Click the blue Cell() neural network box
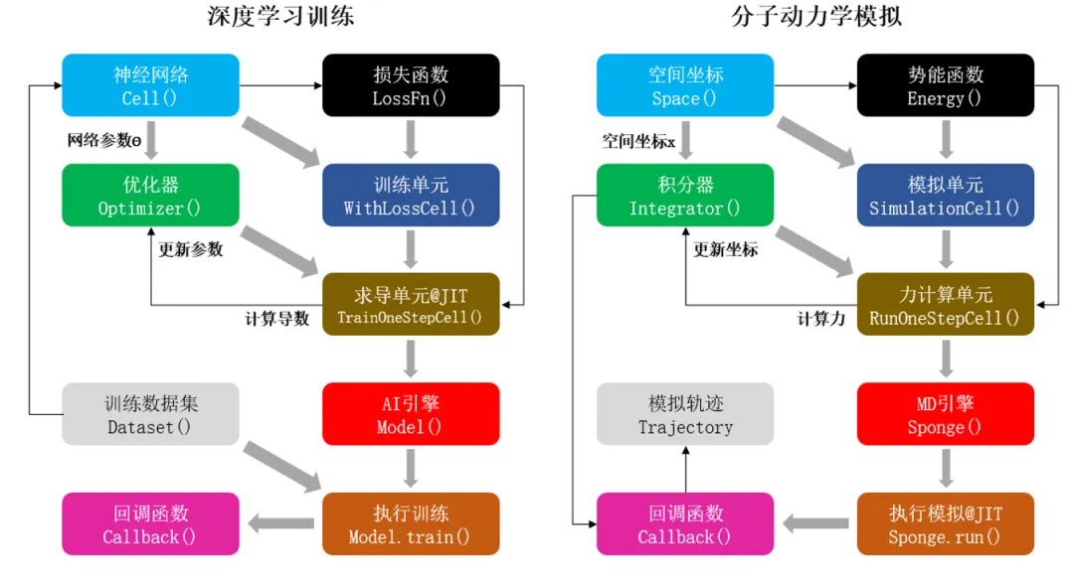pyautogui.click(x=150, y=85)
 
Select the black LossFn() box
pyautogui.click(x=411, y=85)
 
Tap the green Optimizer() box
pyautogui.click(x=150, y=196)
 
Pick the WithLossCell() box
pyautogui.click(x=411, y=196)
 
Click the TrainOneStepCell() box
pyautogui.click(x=411, y=305)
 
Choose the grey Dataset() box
pyautogui.click(x=150, y=414)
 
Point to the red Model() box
pyautogui.click(x=411, y=414)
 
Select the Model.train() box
pyautogui.click(x=411, y=524)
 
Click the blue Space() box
pyautogui.click(x=685, y=85)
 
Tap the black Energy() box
pyautogui.click(x=945, y=85)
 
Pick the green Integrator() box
pyautogui.click(x=685, y=196)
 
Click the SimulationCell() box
pyautogui.click(x=945, y=196)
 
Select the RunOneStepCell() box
pyautogui.click(x=945, y=305)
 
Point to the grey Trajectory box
pyautogui.click(x=685, y=414)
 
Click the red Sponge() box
pyautogui.click(x=945, y=414)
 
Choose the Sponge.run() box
pyautogui.click(x=945, y=524)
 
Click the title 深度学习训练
pyautogui.click(x=280, y=17)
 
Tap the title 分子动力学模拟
pyautogui.click(x=814, y=17)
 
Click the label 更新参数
pyautogui.click(x=191, y=249)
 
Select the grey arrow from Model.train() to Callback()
pyautogui.click(x=281, y=524)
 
